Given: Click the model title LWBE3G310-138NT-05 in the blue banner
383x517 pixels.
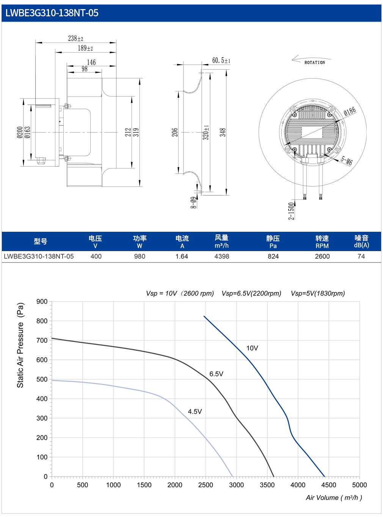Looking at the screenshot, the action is (52, 13).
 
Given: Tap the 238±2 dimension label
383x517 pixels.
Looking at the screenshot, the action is (75, 38).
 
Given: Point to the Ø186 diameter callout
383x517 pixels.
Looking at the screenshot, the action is (350, 111).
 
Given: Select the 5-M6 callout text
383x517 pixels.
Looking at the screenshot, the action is (346, 160).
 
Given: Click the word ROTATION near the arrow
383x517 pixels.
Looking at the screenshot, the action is (314, 63).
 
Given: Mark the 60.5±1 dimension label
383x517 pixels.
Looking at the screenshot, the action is (221, 60).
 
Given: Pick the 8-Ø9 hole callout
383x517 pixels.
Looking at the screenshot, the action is (193, 202).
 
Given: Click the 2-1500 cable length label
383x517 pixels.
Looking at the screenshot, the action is (291, 211).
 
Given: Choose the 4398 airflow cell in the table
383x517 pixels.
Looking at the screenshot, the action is (222, 256).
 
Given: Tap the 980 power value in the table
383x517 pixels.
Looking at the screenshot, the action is (140, 256).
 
